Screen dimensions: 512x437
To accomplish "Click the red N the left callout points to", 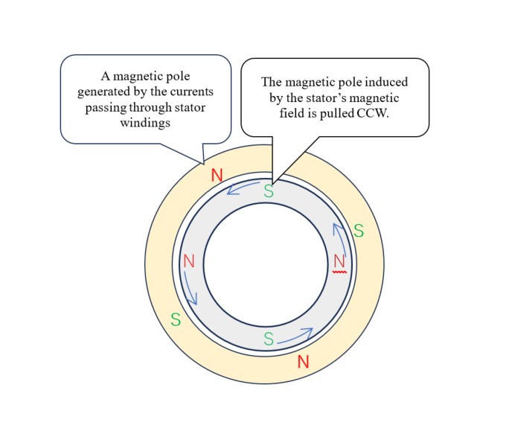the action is pos(217,175).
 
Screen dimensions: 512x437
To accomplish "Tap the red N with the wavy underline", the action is pos(339,261).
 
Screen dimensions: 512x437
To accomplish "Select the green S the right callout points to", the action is pos(269,191).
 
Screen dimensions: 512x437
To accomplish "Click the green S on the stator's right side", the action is pos(359,231).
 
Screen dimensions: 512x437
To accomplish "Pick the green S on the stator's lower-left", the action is pos(176,319).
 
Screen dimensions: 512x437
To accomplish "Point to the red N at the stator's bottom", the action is pos(303,362).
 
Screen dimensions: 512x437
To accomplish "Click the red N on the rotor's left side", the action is pos(189,261).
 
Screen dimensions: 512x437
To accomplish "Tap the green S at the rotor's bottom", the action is pos(269,339).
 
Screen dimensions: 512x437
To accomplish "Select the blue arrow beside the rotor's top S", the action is pos(243,187).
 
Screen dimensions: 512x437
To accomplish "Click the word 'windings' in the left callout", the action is pos(145,123).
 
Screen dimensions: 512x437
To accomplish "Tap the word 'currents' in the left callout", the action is pos(192,92).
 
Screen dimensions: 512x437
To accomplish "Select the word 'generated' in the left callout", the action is pos(104,92).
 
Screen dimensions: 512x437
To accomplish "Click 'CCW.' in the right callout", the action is pos(373,113).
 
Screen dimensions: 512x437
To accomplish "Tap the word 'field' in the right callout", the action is pos(289,113).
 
